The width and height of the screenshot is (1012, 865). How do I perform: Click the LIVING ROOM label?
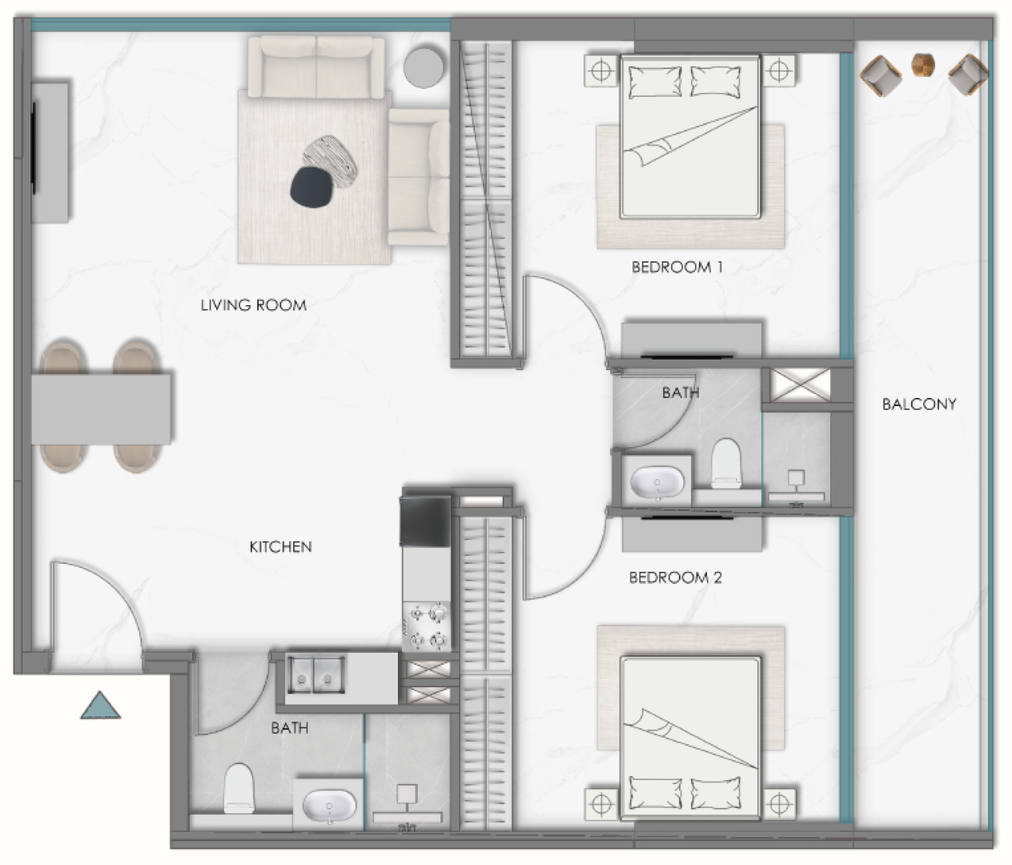pos(254,305)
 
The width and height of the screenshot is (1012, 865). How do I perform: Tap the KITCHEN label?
pos(280,546)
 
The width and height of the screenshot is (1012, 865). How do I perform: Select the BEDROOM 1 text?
pos(677,267)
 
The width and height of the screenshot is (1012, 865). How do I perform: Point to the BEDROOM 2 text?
pos(676,577)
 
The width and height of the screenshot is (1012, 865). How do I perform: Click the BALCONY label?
pos(919,404)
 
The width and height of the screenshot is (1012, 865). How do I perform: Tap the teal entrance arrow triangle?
pos(100,706)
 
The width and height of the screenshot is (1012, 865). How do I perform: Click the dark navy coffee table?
pos(311,187)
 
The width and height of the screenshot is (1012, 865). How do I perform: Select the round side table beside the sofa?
pos(424,66)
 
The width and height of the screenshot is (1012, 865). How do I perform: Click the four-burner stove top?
pos(427,626)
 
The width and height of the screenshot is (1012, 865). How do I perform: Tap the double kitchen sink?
pos(315,674)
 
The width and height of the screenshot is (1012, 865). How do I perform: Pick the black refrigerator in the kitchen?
pos(425,521)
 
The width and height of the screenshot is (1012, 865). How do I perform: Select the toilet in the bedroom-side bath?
pos(726,463)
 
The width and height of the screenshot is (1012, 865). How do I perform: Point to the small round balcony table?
pos(923,65)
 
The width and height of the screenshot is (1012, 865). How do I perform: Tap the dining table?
pos(102,409)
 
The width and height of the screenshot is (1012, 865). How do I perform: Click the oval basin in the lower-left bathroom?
pos(329,806)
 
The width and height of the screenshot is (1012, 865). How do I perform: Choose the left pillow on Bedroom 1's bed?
pos(655,82)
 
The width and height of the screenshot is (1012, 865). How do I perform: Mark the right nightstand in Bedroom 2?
pos(780,804)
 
